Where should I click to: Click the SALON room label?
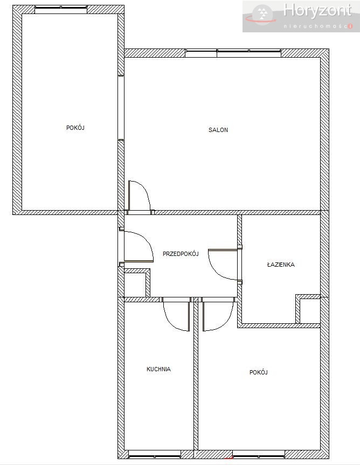pyautogui.click(x=218, y=130)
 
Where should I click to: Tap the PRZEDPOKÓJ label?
pyautogui.click(x=181, y=254)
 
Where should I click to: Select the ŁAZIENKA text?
pyautogui.click(x=281, y=264)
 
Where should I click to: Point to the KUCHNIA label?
pyautogui.click(x=158, y=369)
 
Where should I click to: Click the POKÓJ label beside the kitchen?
pyautogui.click(x=259, y=372)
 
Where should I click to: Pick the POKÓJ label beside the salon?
pyautogui.click(x=75, y=128)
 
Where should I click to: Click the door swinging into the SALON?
pyautogui.click(x=140, y=197)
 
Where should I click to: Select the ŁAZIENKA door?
pyautogui.click(x=225, y=265)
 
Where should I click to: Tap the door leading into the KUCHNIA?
pyautogui.click(x=176, y=314)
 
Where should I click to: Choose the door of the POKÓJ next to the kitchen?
pyautogui.click(x=218, y=314)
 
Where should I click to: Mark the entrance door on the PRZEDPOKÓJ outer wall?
pyautogui.click(x=136, y=246)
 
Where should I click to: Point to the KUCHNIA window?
pyautogui.click(x=155, y=454)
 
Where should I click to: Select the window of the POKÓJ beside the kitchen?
pyautogui.click(x=258, y=454)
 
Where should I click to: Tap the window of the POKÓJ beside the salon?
pyautogui.click(x=61, y=10)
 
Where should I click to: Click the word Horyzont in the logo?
pyautogui.click(x=317, y=11)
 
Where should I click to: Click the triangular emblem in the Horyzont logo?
pyautogui.click(x=262, y=13)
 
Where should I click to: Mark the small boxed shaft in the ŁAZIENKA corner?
pyautogui.click(x=308, y=309)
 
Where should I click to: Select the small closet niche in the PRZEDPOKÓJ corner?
pyautogui.click(x=135, y=283)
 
